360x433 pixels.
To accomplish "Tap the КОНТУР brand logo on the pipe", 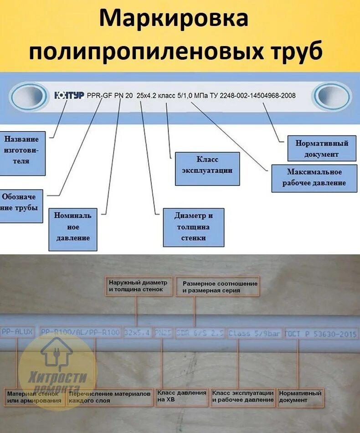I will point(69,96).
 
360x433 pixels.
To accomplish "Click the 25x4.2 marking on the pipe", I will point(149,96).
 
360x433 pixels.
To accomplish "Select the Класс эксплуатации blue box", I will point(207,165).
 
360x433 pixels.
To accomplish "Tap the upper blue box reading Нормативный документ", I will point(322,149).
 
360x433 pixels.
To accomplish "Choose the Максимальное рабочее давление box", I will point(314,177).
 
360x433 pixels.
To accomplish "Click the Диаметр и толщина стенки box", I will point(193,227).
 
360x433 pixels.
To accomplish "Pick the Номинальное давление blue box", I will point(73,227).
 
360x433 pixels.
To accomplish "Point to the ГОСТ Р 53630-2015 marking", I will point(321,334).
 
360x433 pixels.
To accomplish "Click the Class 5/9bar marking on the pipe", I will point(254,334).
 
